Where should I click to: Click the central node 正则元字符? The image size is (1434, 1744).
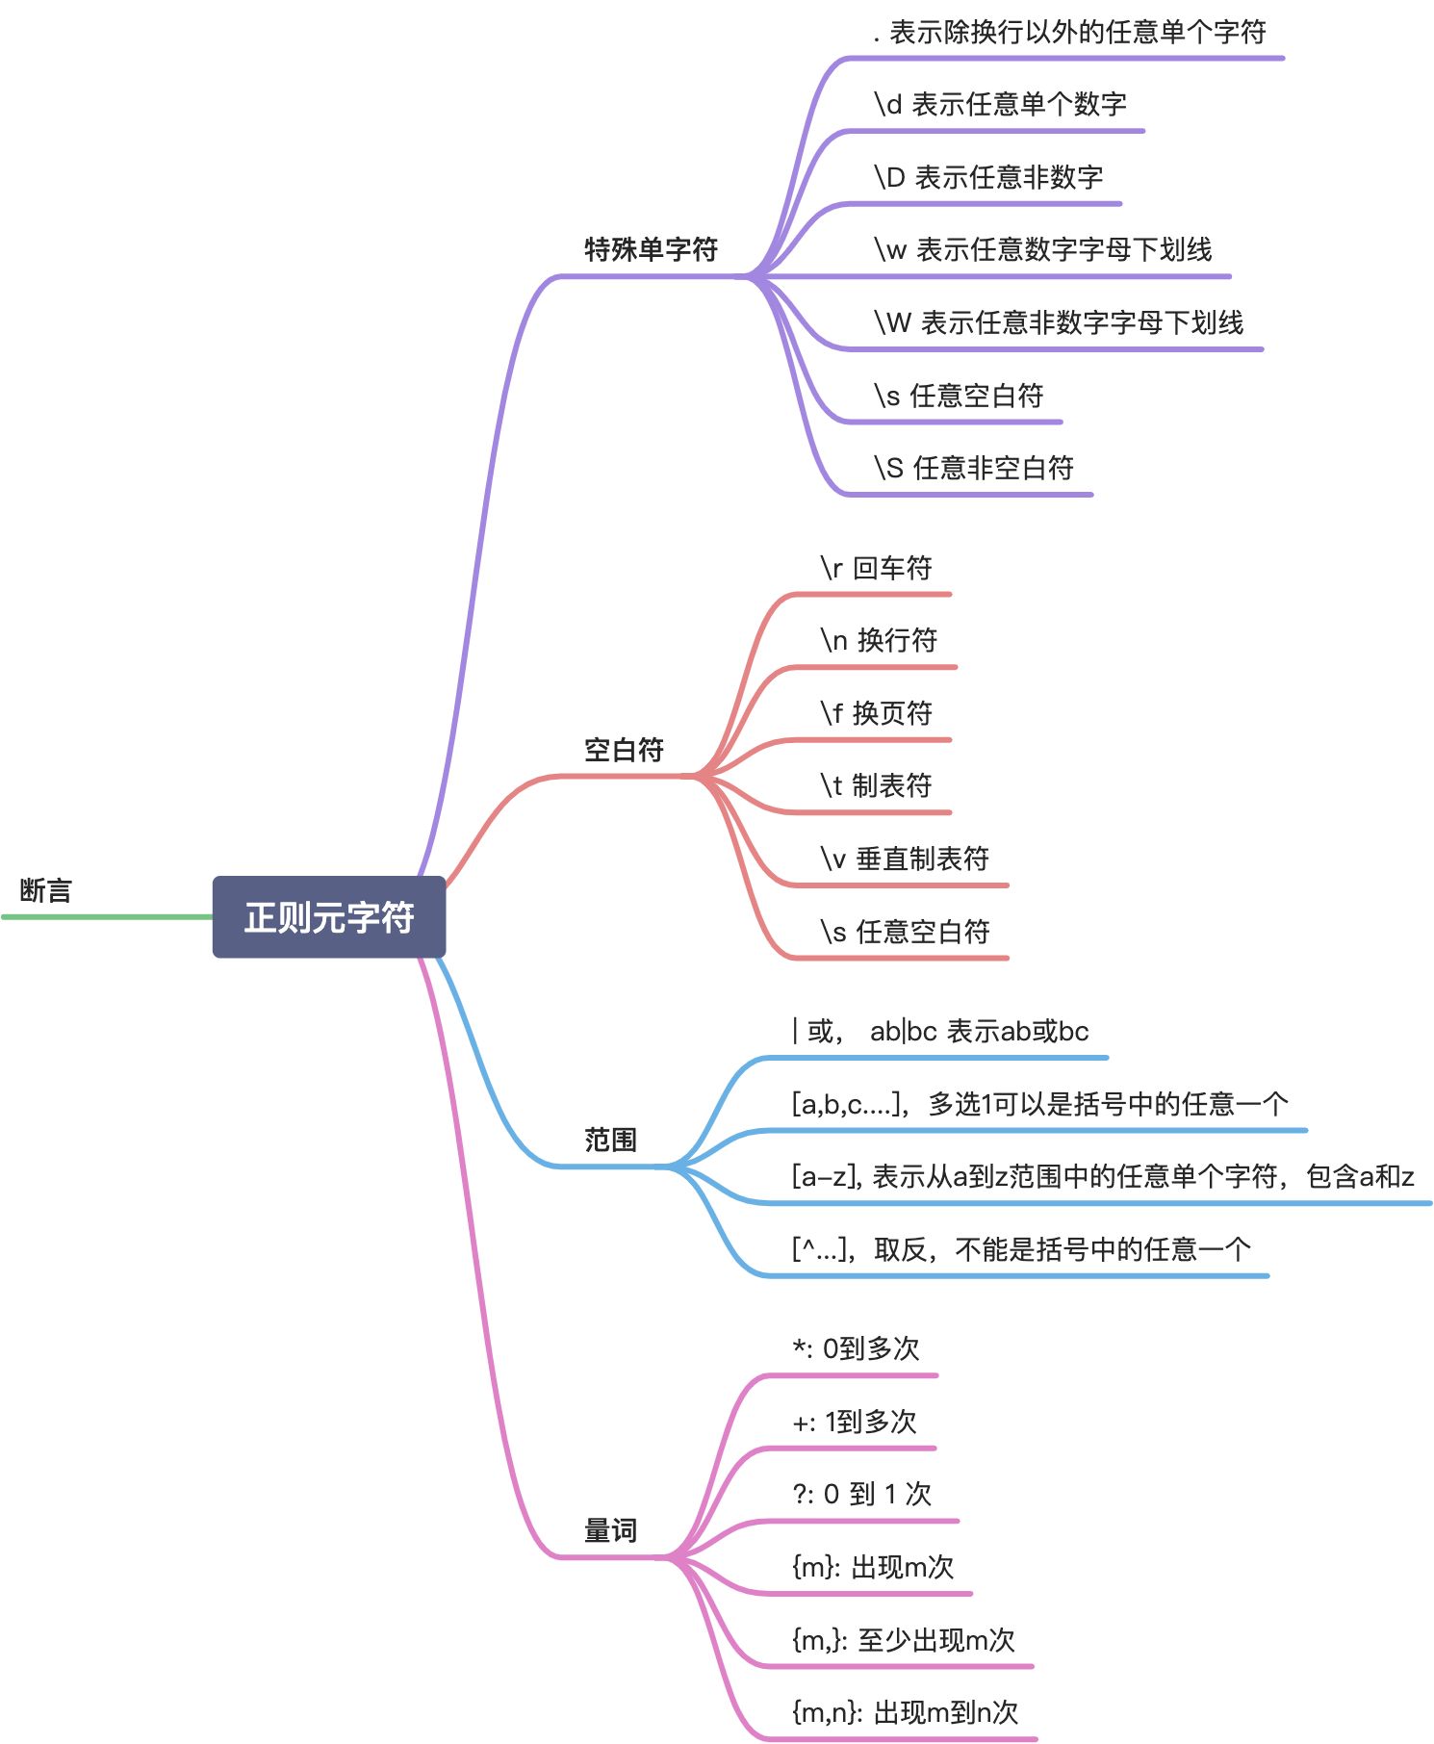pyautogui.click(x=328, y=916)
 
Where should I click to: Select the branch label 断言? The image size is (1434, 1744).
pyautogui.click(x=45, y=890)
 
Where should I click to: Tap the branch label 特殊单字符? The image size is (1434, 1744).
pyautogui.click(x=651, y=249)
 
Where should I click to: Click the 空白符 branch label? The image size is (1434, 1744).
pyautogui.click(x=624, y=750)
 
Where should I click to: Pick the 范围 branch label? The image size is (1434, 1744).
pyautogui.click(x=610, y=1140)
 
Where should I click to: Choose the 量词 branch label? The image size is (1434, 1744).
pyautogui.click(x=610, y=1530)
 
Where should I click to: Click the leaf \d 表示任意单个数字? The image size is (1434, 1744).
pyautogui.click(x=1000, y=104)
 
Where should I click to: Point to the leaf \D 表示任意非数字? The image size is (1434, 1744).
pyautogui.click(x=988, y=177)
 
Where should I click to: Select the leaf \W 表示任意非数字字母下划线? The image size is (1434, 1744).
pyautogui.click(x=1059, y=322)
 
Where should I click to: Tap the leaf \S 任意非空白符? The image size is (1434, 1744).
pyautogui.click(x=974, y=468)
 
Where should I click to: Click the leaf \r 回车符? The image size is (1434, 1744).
pyautogui.click(x=876, y=568)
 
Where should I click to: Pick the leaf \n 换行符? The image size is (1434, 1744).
pyautogui.click(x=879, y=640)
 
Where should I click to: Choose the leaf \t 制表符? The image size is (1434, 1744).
pyautogui.click(x=876, y=785)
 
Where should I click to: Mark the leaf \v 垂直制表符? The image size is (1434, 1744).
pyautogui.click(x=905, y=859)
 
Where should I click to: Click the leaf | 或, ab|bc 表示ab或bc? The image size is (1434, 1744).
pyautogui.click(x=940, y=1031)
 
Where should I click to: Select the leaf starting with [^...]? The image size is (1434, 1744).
pyautogui.click(x=1021, y=1249)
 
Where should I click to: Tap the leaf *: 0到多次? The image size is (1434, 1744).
pyautogui.click(x=856, y=1348)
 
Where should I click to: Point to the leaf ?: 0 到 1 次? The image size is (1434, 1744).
pyautogui.click(x=861, y=1494)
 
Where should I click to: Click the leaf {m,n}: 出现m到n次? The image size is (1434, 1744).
pyautogui.click(x=905, y=1712)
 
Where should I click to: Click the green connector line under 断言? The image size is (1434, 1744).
pyautogui.click(x=106, y=917)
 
